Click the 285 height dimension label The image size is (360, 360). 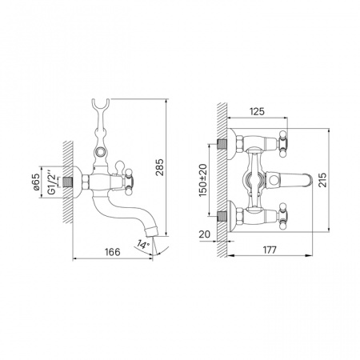click(x=160, y=167)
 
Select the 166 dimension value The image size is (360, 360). click(x=112, y=252)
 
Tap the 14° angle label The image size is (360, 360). click(x=143, y=244)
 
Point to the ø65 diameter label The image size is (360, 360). click(x=36, y=182)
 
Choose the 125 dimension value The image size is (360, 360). click(x=257, y=111)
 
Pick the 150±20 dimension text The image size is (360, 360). click(x=203, y=180)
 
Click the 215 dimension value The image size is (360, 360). click(x=322, y=180)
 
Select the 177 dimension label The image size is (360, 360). click(x=270, y=250)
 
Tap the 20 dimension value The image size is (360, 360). click(x=205, y=234)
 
